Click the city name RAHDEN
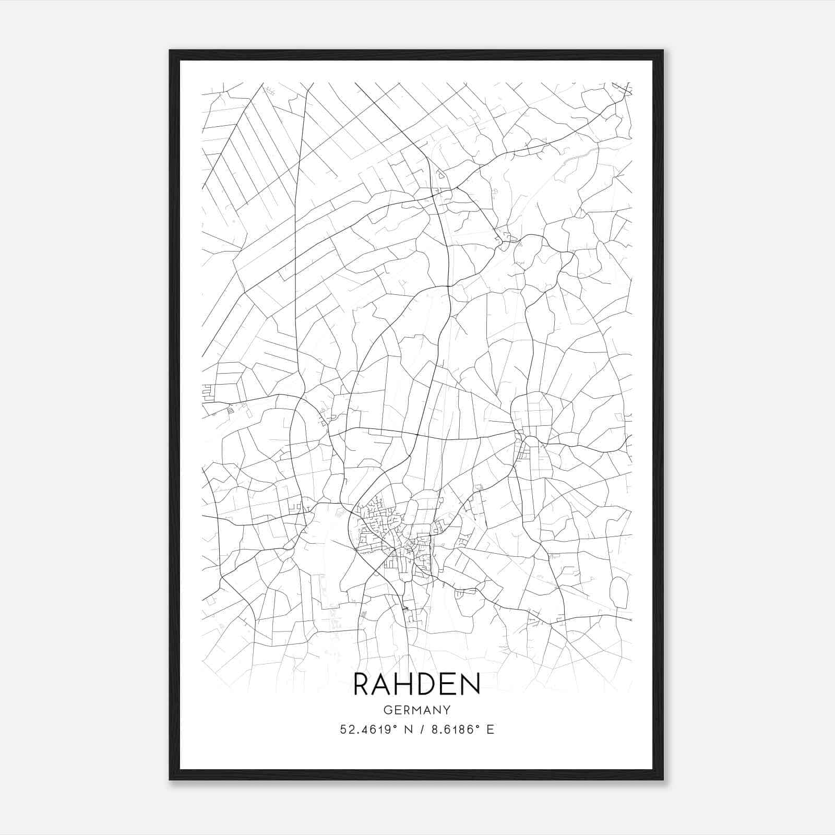[416, 684]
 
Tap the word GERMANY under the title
[416, 710]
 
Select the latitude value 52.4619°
[365, 730]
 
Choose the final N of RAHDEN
[470, 684]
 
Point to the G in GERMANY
[387, 710]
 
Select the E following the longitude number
[490, 730]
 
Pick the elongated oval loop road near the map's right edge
[619, 592]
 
